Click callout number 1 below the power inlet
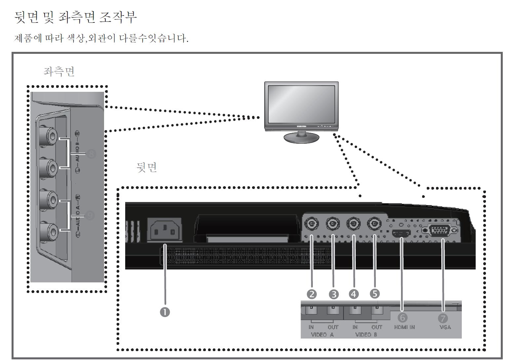tap(165, 311)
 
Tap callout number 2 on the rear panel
tap(312, 294)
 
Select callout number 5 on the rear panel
tap(375, 293)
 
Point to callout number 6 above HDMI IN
tap(402, 317)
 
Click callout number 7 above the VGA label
tap(442, 318)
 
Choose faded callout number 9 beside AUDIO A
tap(90, 216)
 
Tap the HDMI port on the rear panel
tap(401, 234)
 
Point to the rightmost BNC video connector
tap(374, 225)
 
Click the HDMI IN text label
tap(404, 327)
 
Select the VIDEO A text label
tap(322, 335)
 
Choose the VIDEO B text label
tap(366, 335)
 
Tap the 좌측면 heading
tap(59, 72)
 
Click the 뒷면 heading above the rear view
tap(147, 167)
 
